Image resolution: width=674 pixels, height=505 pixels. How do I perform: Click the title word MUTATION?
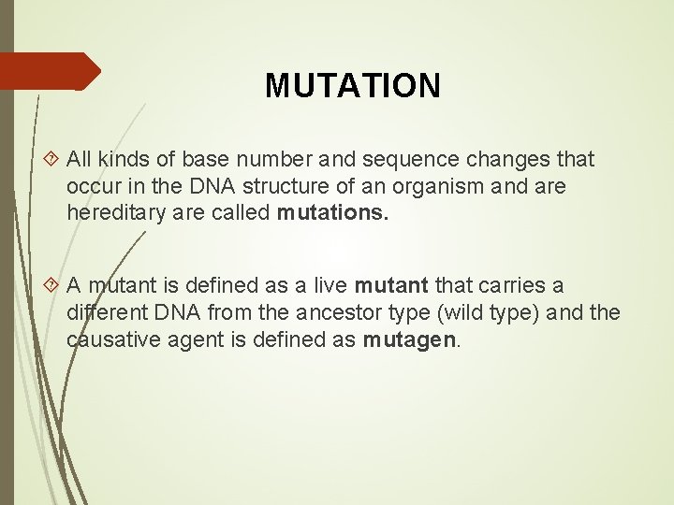pyautogui.click(x=352, y=86)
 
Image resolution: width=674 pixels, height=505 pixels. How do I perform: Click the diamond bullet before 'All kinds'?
pyautogui.click(x=53, y=160)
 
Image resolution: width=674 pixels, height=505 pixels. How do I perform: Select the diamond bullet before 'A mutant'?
pyautogui.click(x=53, y=285)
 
